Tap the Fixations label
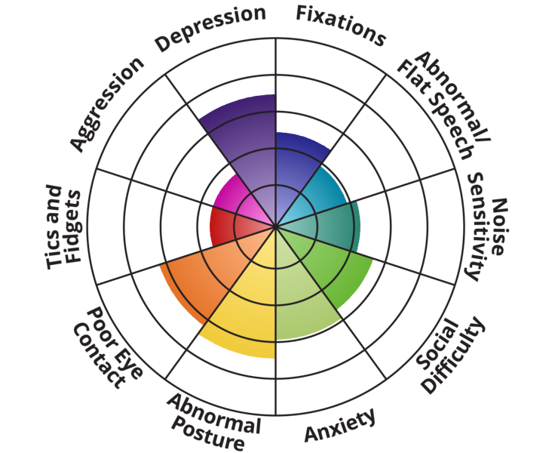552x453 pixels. click(340, 24)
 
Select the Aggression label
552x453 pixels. click(106, 103)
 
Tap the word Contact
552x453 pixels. click(97, 355)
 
